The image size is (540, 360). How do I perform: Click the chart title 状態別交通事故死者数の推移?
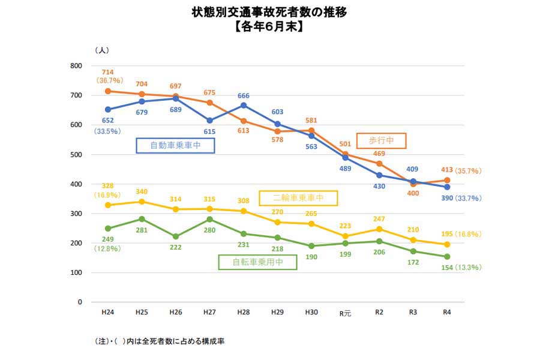point(269,12)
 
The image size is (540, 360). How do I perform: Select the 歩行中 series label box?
point(381,140)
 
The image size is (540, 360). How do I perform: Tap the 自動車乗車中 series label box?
point(175,145)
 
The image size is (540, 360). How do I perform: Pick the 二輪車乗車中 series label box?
point(298,198)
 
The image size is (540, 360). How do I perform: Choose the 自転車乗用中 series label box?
point(258,262)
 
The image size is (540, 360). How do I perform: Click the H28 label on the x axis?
point(244,313)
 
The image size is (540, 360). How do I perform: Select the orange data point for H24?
point(108,91)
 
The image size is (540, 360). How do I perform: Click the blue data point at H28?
point(244,105)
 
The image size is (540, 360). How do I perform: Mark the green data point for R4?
point(446,257)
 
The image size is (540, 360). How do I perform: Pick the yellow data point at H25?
point(142,202)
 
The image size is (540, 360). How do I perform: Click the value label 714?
point(108,72)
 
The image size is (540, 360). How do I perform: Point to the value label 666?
point(244,95)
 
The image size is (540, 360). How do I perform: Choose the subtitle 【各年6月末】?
point(269,26)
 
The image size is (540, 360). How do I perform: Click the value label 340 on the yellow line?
point(142,191)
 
